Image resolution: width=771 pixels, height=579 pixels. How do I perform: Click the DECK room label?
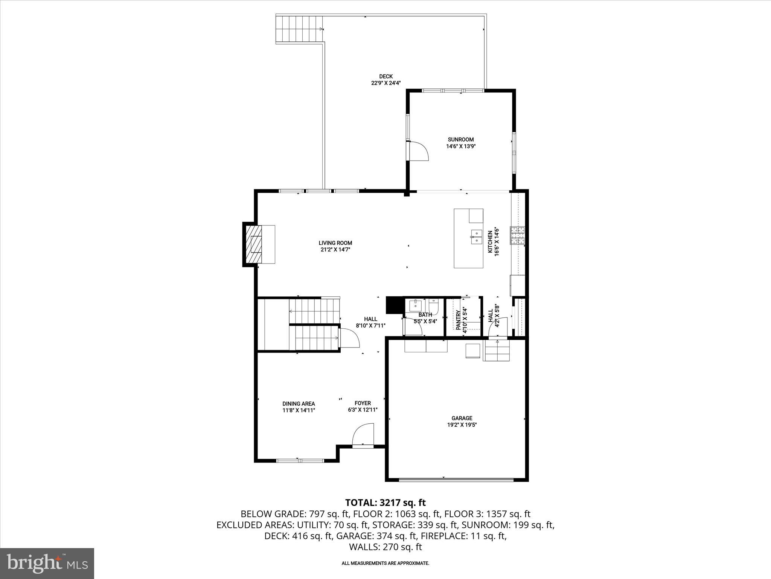(x=386, y=77)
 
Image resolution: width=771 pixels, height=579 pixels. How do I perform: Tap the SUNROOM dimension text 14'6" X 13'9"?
(x=461, y=146)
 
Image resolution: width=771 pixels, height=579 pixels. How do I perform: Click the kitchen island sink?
(x=476, y=236)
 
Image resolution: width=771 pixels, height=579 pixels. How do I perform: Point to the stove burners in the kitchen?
(x=517, y=235)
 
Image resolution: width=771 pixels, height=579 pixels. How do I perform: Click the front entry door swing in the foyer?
(x=363, y=435)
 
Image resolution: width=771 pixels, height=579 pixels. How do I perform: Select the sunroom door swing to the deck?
(x=419, y=151)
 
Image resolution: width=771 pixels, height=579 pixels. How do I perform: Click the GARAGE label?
(x=462, y=418)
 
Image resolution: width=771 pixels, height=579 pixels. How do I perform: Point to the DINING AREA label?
(x=299, y=404)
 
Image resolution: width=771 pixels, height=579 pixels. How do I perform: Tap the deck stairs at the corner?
(x=299, y=29)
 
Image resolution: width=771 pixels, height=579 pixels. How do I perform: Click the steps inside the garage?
(x=497, y=351)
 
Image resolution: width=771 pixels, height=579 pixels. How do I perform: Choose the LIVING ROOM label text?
(x=335, y=243)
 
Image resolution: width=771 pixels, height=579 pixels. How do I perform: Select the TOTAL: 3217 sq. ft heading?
(x=385, y=502)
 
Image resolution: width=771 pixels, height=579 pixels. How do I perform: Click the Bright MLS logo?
(x=47, y=563)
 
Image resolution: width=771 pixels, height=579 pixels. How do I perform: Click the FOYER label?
(x=363, y=403)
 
